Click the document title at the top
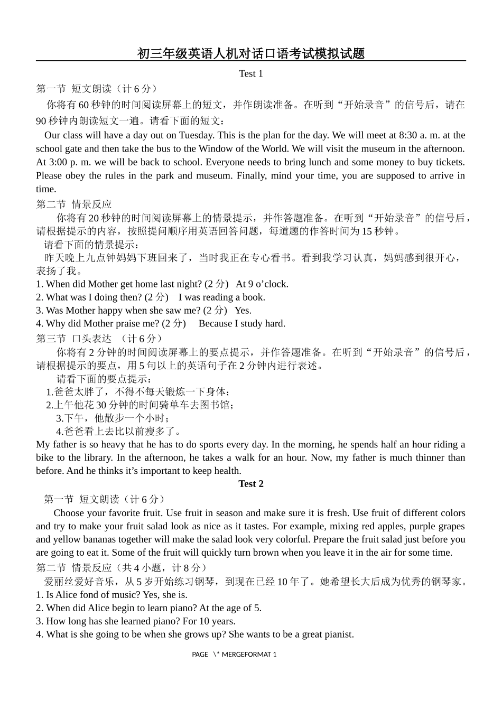[x=251, y=53]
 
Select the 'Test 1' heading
[x=250, y=73]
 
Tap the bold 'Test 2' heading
[x=250, y=484]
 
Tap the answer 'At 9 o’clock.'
[x=262, y=284]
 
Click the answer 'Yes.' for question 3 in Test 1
[x=243, y=310]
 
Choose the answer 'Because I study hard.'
[x=242, y=323]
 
